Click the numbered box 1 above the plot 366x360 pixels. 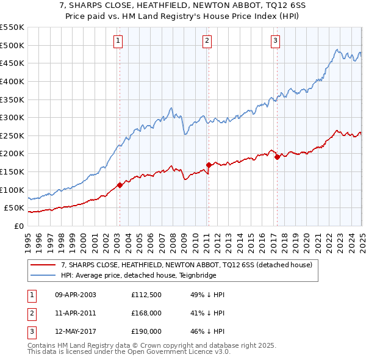pos(117,41)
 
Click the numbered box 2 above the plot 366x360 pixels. pos(207,41)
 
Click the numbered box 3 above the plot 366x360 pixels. pos(275,41)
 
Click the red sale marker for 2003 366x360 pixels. pos(120,185)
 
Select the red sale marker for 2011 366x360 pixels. pos(209,165)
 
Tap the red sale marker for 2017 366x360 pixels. pos(277,157)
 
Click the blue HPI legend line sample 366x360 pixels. pos(43,275)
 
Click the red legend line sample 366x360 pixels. pos(43,265)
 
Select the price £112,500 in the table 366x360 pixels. pos(146,295)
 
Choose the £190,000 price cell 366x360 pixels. pos(146,332)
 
